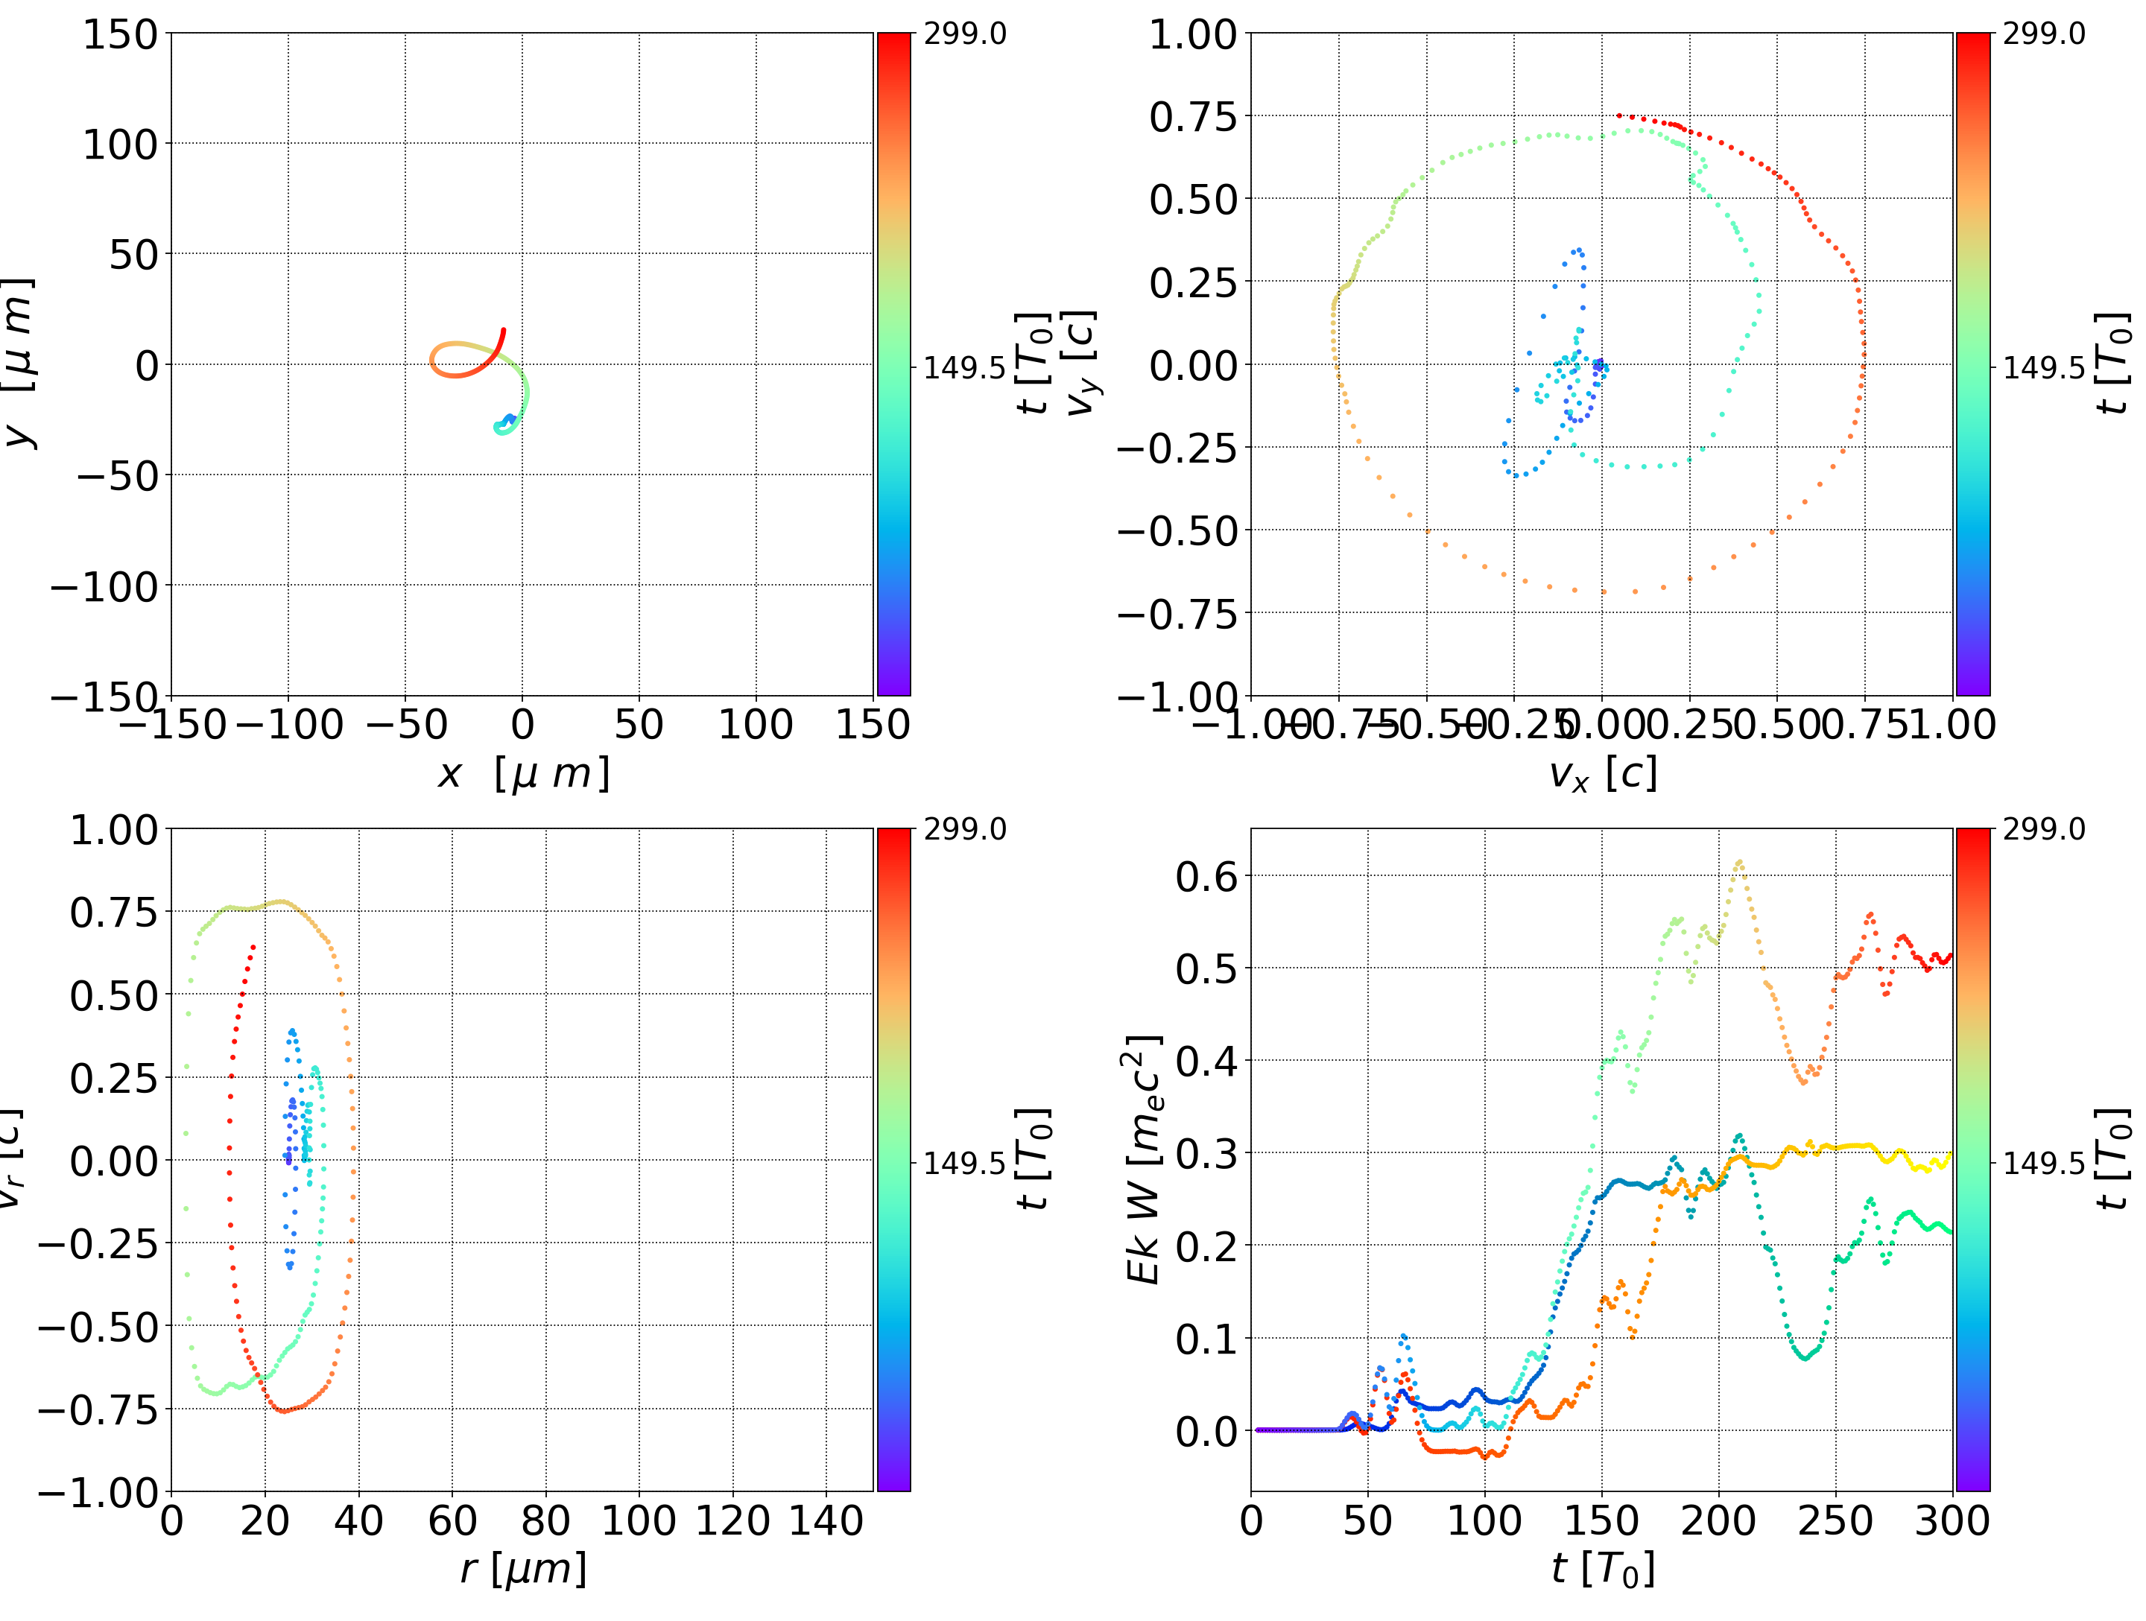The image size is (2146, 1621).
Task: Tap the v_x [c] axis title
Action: (1602, 773)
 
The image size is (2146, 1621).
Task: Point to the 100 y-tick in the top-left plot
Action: (119, 145)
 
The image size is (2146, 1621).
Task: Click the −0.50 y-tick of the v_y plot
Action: (1178, 530)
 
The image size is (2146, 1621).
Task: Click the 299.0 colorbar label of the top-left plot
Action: (964, 34)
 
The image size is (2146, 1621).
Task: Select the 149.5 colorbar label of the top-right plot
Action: (2043, 368)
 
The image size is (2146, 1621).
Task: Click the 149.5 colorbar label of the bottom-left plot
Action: (964, 1162)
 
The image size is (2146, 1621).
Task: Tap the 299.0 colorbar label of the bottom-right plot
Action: (2043, 829)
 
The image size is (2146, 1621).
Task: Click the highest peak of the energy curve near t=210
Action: (1739, 861)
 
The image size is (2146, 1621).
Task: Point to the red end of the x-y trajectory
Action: (502, 331)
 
